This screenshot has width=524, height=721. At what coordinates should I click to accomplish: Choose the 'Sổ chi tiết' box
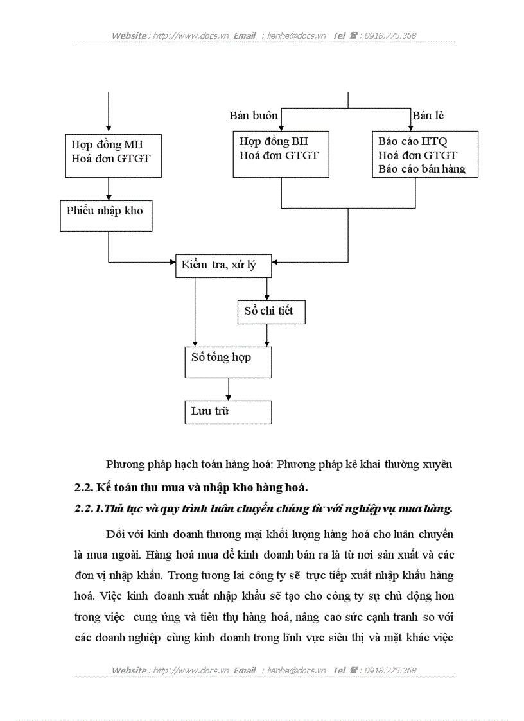coord(270,312)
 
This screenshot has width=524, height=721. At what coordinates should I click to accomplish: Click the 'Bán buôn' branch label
coord(254,116)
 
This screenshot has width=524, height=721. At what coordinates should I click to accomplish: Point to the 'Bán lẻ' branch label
coord(428,116)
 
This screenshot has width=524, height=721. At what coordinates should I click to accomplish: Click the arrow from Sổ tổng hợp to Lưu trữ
coord(228,389)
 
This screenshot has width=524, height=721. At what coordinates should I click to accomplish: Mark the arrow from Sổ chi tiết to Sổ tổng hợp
coord(267,335)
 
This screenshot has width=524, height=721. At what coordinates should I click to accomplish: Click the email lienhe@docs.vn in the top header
coord(296,36)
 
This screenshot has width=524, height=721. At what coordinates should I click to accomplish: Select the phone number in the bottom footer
coord(390,670)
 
